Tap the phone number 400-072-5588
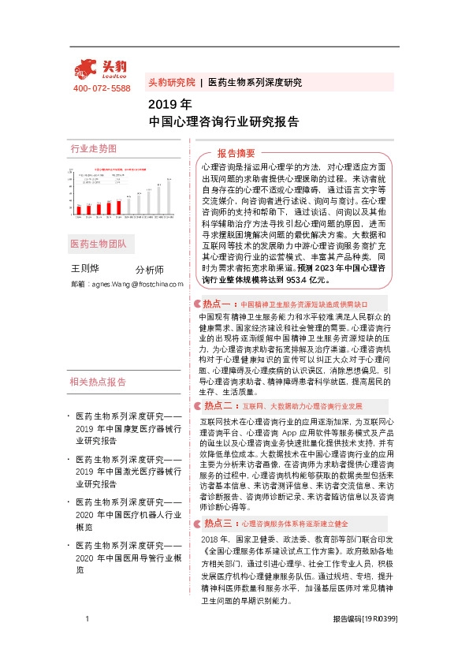pos(102,88)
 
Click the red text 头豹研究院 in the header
pos(172,82)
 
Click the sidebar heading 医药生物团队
pos(98,243)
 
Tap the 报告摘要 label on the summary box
pos(236,153)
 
